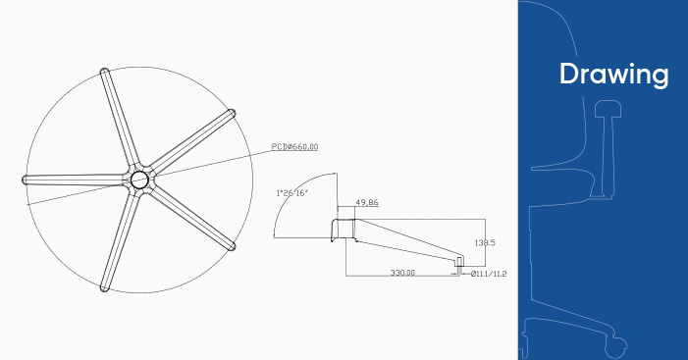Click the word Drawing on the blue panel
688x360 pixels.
tap(613, 74)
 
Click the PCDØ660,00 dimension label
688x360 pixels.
tap(294, 146)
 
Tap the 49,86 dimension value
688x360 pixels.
tap(367, 203)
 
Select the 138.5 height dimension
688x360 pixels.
tap(485, 242)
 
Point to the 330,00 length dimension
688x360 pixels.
tap(402, 273)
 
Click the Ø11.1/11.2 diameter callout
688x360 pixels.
tap(489, 274)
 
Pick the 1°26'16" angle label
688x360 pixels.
tap(291, 193)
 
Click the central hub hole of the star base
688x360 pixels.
tap(139, 180)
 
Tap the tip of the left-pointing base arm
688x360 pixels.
tap(24, 180)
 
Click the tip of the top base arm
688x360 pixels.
tap(104, 70)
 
